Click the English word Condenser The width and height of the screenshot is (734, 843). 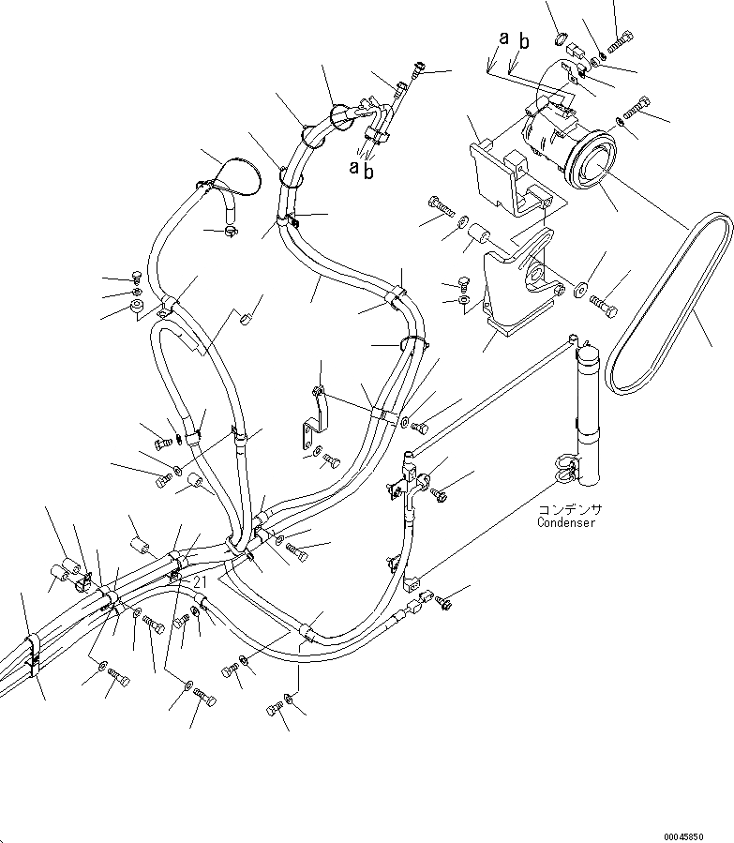(x=566, y=522)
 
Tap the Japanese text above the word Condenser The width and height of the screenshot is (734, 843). (x=570, y=510)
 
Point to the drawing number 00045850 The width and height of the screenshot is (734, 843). (x=695, y=835)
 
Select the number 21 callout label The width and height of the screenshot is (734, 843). (x=199, y=582)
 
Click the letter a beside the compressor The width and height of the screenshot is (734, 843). (x=503, y=38)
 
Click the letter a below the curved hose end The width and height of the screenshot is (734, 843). (x=354, y=167)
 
